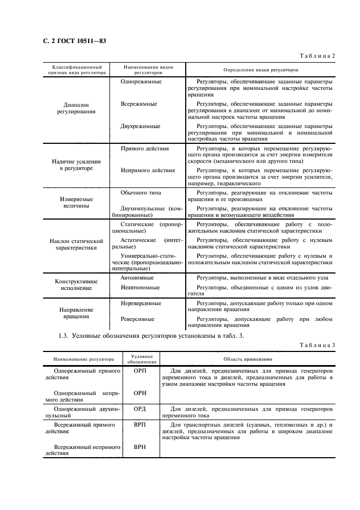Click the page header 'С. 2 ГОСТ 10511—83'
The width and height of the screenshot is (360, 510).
[x=71, y=41]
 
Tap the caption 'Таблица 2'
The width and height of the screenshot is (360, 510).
[x=318, y=56]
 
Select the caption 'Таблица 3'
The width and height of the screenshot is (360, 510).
[x=318, y=345]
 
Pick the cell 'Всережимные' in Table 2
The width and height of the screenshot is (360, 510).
[x=139, y=104]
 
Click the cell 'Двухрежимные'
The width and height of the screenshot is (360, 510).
[x=140, y=126]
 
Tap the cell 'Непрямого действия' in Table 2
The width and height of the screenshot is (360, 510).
[x=147, y=170]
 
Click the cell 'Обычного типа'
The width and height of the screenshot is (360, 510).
[x=141, y=192]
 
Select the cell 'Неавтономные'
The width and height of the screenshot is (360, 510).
[x=140, y=287]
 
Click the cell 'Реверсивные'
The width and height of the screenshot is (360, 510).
[x=137, y=319]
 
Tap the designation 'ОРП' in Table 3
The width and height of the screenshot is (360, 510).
[x=141, y=370]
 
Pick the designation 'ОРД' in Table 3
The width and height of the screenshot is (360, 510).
[x=141, y=408]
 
